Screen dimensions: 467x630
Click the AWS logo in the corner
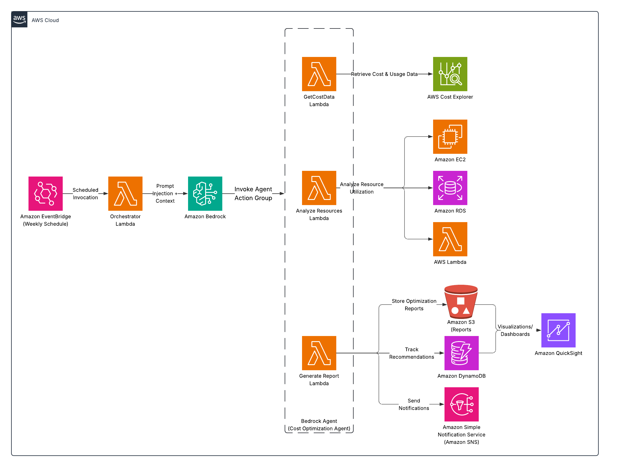click(19, 19)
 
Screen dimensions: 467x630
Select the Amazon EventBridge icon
click(46, 193)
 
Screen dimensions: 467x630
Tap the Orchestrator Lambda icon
click(125, 193)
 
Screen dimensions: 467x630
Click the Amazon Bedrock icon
click(205, 193)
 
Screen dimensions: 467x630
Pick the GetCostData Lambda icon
click(319, 74)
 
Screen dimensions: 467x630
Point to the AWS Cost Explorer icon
click(450, 74)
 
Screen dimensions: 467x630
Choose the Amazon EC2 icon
click(450, 136)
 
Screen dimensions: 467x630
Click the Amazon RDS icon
click(450, 188)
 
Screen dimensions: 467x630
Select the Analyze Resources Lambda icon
click(319, 188)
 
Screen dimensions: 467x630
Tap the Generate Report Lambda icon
click(319, 353)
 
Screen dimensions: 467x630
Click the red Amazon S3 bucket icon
click(461, 302)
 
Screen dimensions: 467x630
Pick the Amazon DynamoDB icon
click(462, 353)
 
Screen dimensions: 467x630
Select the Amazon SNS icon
click(462, 404)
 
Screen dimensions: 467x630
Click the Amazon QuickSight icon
click(558, 330)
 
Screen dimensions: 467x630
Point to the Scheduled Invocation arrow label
click(85, 194)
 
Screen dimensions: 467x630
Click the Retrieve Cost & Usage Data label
click(384, 74)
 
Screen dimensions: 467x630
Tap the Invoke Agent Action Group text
click(253, 194)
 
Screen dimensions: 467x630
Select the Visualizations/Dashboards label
click(515, 330)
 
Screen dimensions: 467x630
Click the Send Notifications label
click(414, 404)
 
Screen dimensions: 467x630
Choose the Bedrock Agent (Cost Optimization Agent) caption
click(319, 425)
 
